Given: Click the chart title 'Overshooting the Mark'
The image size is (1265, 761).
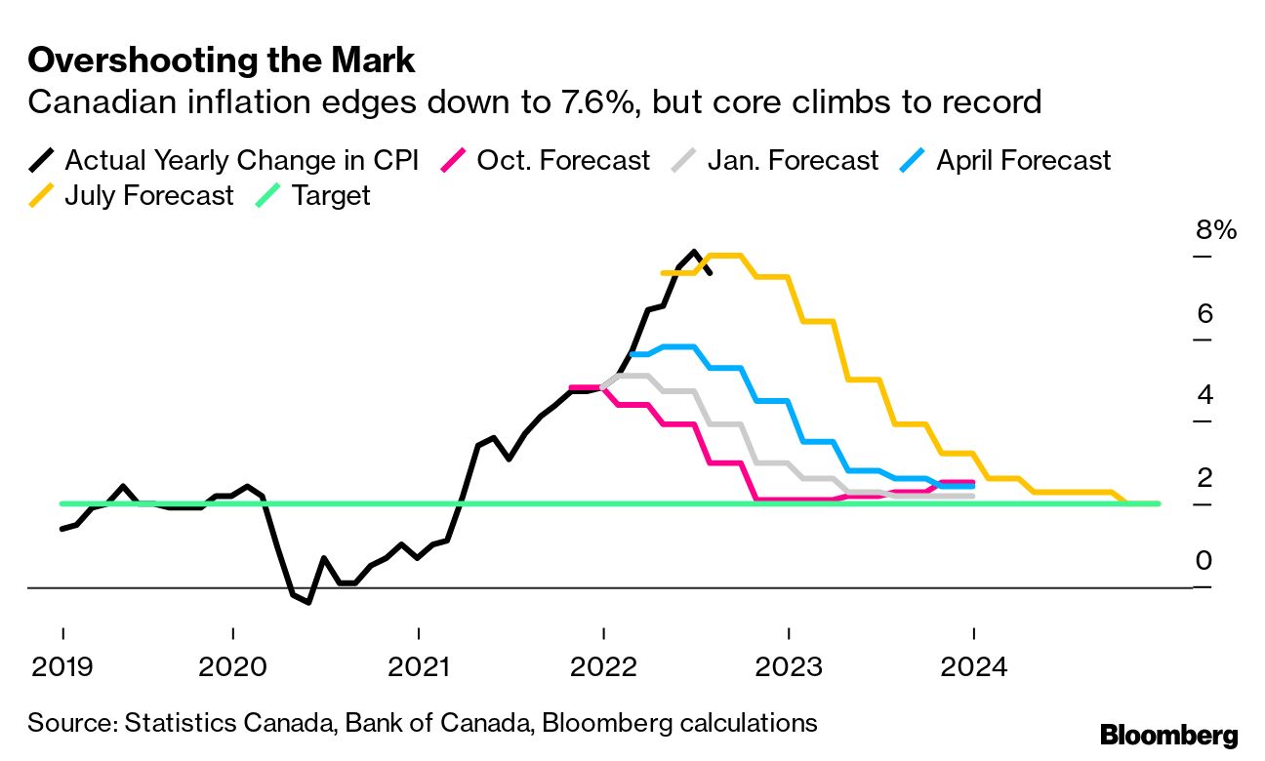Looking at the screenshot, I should pos(222,60).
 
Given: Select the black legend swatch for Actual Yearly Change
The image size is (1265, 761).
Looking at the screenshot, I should pos(43,160).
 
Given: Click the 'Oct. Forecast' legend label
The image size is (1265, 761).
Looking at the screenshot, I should pos(563,160).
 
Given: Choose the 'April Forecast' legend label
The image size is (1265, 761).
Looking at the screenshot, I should pos(1023,160).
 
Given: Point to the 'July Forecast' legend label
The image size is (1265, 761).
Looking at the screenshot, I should pos(149,195).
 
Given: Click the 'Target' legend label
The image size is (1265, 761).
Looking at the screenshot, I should pos(331,195).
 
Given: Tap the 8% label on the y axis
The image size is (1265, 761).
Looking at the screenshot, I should pos(1216,231).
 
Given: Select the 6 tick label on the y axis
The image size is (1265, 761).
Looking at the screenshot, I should pos(1204,314).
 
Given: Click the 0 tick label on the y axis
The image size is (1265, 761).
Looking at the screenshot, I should pos(1204,561).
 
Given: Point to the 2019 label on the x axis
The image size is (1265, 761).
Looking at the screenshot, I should pos(62,667).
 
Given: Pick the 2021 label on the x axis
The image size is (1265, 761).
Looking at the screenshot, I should pos(418,667).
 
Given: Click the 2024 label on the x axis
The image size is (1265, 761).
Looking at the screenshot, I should pos(973,667).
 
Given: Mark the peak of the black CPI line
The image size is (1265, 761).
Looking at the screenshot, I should pos(694,252).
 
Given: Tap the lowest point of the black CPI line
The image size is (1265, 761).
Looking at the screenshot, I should pos(308,602).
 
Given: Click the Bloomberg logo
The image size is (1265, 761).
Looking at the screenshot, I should pos(1168,735).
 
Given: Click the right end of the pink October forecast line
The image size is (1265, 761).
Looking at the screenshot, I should pos(973,482).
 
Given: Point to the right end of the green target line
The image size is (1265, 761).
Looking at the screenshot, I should pos(1158,503).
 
